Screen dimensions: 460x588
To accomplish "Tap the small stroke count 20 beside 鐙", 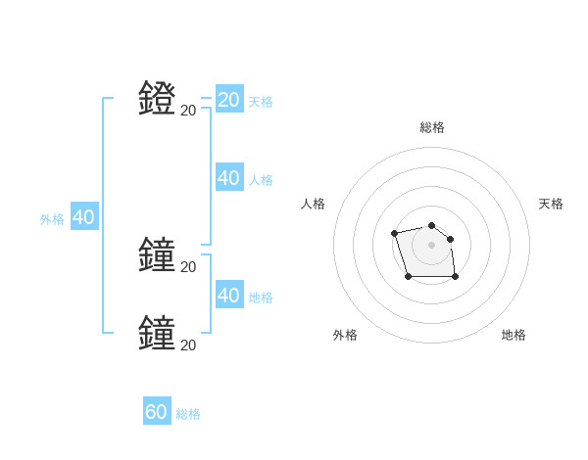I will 188,111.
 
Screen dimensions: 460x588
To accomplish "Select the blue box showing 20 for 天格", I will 229,100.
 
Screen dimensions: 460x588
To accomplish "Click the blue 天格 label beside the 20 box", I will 261,102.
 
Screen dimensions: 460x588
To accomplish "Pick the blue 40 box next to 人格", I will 229,178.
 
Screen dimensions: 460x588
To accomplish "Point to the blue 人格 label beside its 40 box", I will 261,180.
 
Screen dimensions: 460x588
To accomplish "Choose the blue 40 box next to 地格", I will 229,295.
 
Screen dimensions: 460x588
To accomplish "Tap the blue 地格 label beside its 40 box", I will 261,298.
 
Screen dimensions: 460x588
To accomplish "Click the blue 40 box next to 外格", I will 83,217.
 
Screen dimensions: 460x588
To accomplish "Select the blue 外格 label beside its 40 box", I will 52,220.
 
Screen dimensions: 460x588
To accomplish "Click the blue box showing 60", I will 157,412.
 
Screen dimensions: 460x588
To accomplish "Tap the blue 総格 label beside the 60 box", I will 188,415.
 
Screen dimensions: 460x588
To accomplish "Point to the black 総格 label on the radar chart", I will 431,127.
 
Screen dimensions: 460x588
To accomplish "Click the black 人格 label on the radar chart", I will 314,204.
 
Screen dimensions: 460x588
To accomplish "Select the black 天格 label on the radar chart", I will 551,204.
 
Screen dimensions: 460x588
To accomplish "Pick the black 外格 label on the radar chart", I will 345,335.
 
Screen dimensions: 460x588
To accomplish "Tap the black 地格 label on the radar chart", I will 514,335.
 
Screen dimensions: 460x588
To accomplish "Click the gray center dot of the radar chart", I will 431,245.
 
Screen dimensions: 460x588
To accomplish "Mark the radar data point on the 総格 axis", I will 431,221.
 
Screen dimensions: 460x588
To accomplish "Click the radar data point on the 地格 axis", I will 455,277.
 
